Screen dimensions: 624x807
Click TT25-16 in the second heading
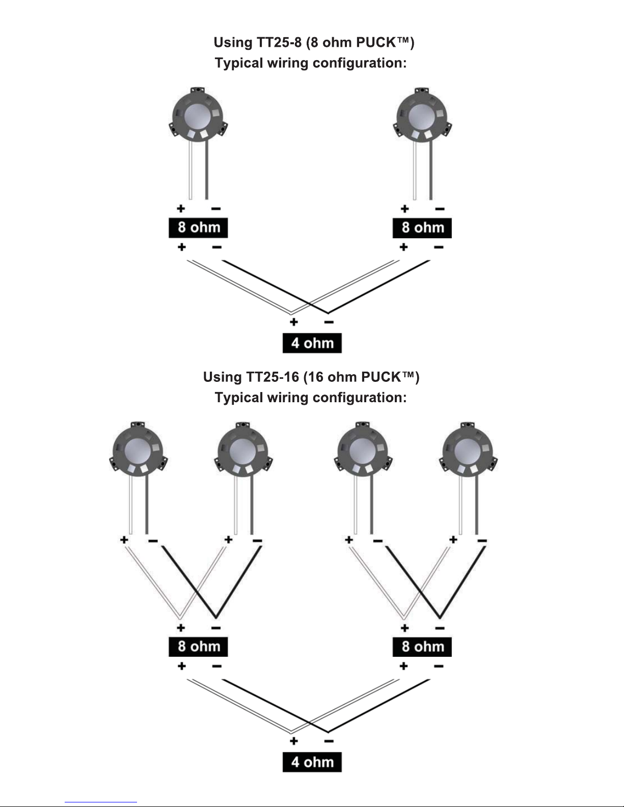(x=273, y=377)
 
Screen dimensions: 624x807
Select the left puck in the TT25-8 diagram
(x=198, y=116)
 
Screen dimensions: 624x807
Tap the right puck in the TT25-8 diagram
(x=422, y=116)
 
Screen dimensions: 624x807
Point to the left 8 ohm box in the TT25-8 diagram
(x=198, y=228)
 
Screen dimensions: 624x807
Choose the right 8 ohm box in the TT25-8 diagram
(x=422, y=228)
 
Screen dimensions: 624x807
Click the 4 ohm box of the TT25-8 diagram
(x=312, y=343)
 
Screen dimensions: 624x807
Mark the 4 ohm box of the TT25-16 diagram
(x=312, y=762)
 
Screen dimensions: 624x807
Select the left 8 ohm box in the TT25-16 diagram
(x=198, y=647)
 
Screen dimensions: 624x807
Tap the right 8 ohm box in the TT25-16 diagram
(x=422, y=647)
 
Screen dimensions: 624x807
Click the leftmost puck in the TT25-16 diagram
(x=138, y=450)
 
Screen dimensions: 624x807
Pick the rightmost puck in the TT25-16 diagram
(x=468, y=450)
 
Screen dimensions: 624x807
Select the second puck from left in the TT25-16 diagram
(x=243, y=450)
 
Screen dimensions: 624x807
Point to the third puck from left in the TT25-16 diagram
(x=363, y=450)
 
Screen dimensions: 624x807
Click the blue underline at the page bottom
(x=101, y=802)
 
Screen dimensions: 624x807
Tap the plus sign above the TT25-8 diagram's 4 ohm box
(x=294, y=322)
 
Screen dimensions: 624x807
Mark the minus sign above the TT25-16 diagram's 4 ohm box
(x=329, y=741)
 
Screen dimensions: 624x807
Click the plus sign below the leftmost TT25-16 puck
(x=124, y=540)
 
